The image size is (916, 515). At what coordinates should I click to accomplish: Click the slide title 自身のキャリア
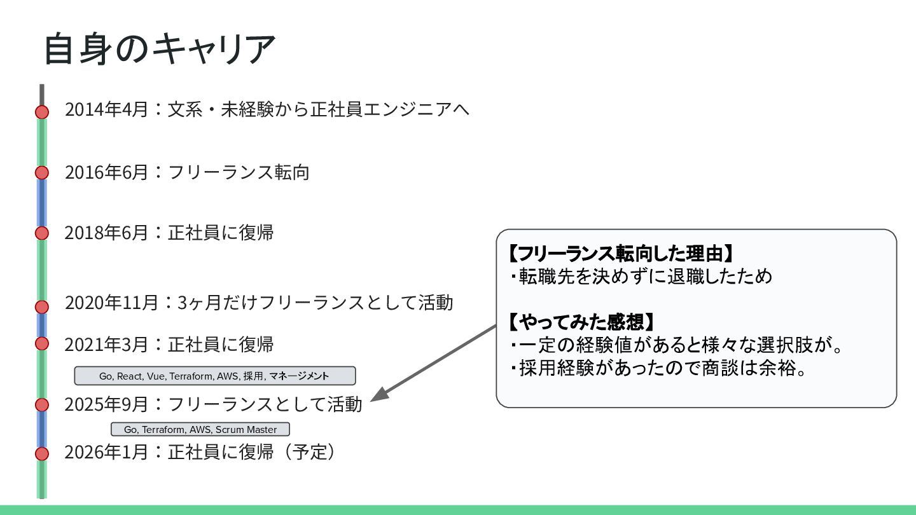159,50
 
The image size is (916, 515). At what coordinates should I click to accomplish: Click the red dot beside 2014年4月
42,112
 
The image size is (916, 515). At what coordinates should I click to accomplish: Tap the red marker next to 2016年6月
42,172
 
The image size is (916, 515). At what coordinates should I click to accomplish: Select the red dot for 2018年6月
42,233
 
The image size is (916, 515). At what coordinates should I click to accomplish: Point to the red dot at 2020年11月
42,306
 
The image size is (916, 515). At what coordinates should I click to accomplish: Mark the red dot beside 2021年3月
42,343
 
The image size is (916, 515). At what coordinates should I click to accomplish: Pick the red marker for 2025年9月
42,404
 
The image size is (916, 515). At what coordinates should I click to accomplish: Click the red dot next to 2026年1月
42,453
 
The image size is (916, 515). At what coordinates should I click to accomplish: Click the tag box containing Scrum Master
200,429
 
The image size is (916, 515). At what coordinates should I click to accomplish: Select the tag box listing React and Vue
214,376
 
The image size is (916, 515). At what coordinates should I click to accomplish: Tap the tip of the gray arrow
372,400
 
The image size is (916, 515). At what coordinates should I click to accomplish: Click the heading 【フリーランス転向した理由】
621,254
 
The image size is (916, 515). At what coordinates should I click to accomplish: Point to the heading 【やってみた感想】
581,322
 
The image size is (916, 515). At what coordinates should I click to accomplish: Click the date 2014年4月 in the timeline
106,109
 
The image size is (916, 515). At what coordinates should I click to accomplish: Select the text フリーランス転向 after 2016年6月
239,172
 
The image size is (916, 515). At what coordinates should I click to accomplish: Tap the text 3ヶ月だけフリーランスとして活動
315,302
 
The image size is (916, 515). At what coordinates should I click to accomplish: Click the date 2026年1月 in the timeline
106,452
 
